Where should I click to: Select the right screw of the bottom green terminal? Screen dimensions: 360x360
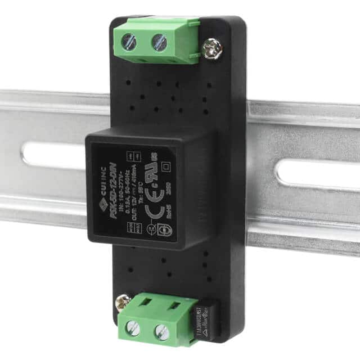tap(161, 330)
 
